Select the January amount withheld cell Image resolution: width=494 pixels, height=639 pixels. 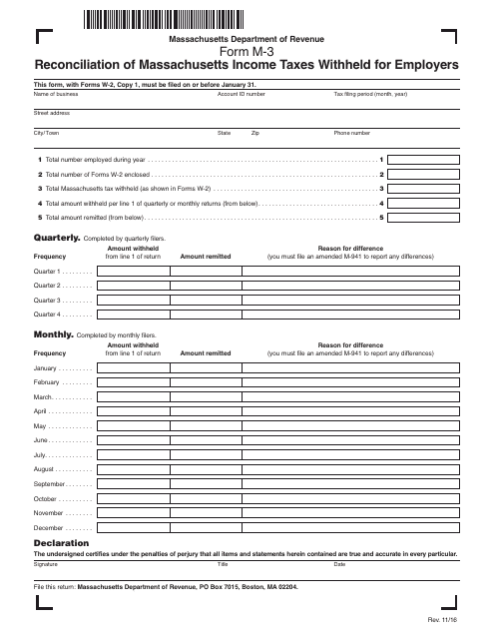pyautogui.click(x=132, y=368)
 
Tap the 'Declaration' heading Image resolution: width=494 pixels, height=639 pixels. pyautogui.click(x=62, y=542)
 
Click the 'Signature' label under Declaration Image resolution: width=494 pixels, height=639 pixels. pyautogui.click(x=46, y=564)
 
